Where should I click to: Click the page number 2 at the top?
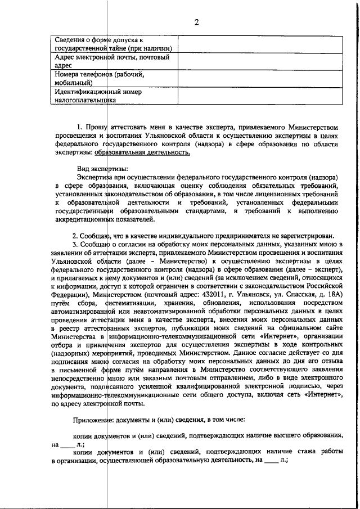[197, 22]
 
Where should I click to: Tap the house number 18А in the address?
[333, 294]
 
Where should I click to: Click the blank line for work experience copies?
[271, 460]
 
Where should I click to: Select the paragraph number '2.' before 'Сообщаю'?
[75, 251]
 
